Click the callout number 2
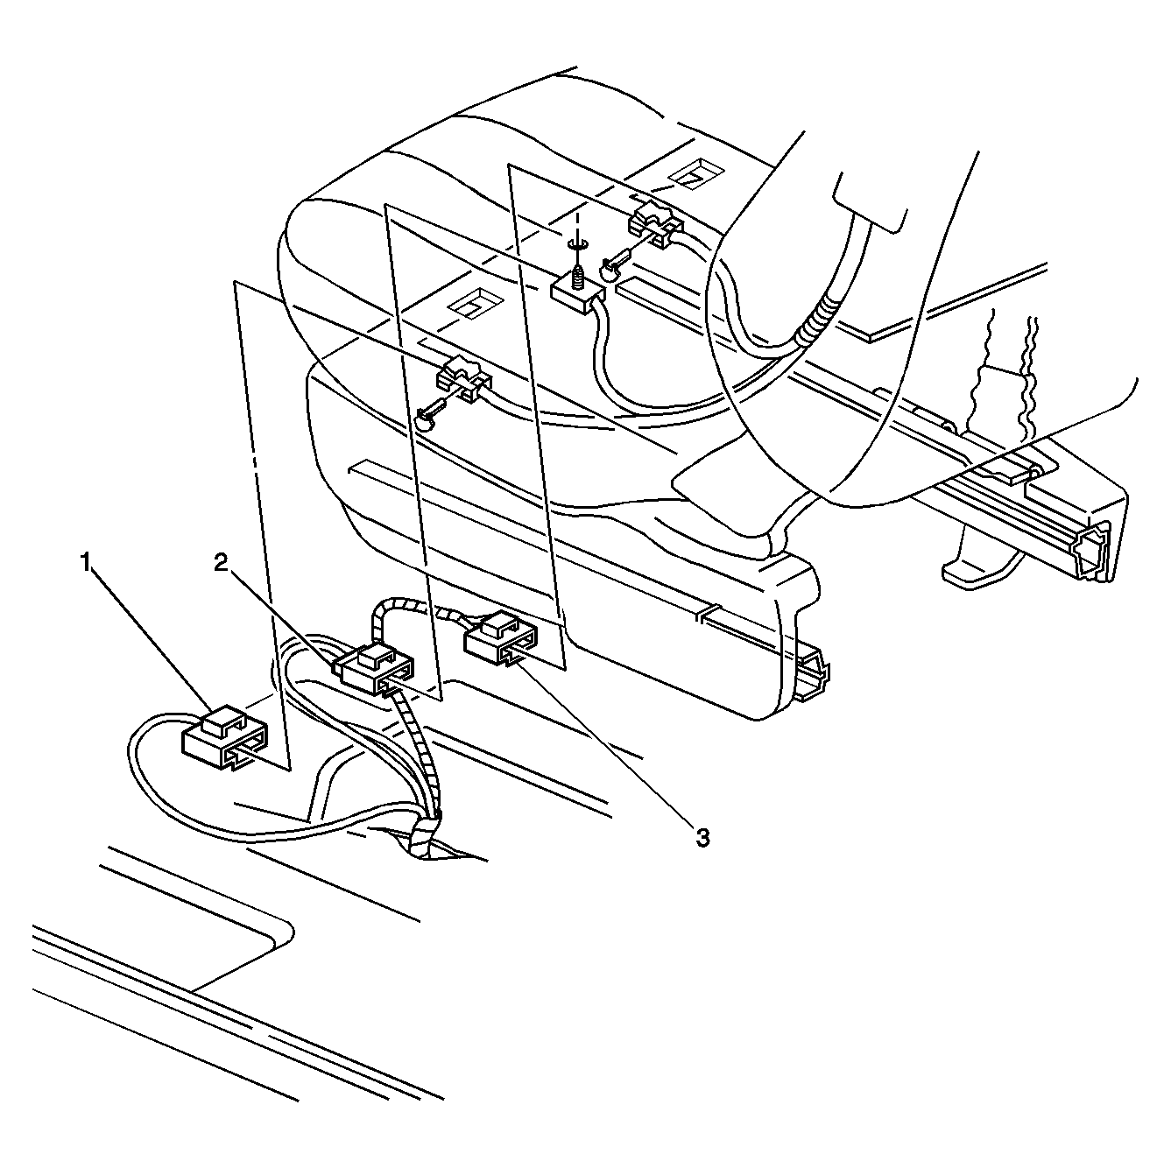coord(221,563)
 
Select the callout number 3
coord(702,839)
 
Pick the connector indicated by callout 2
coord(373,670)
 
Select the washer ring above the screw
coord(576,243)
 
